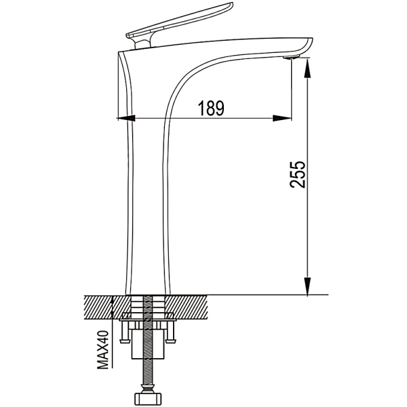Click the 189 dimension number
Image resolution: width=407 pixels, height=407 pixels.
tap(210, 108)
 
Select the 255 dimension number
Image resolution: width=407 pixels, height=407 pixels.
tap(298, 174)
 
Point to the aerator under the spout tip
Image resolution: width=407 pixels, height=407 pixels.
tap(291, 56)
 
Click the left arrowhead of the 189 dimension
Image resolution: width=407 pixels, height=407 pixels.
tap(127, 118)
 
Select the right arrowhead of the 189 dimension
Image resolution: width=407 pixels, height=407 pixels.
tap(282, 118)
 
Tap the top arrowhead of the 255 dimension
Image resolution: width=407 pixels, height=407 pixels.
tap(307, 68)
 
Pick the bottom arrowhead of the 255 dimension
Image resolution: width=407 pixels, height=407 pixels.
tap(307, 286)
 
